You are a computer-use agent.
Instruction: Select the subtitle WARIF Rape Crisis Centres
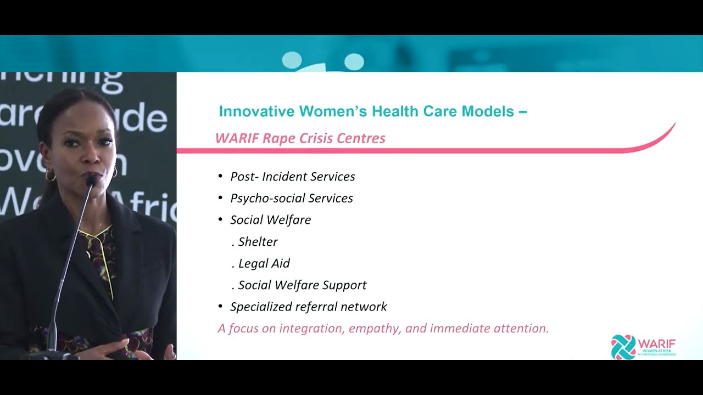click(x=300, y=138)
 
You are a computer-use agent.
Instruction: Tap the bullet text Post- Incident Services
click(x=292, y=177)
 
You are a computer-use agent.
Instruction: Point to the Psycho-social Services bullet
click(x=291, y=198)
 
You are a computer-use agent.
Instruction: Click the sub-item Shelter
click(x=258, y=242)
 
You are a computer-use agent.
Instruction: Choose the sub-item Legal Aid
click(x=264, y=263)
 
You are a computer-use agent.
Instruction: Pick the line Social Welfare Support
click(x=302, y=285)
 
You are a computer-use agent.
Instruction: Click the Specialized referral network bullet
click(x=308, y=307)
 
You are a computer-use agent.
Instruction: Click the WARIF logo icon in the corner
click(x=623, y=347)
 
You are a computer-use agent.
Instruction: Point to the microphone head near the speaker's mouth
click(x=91, y=179)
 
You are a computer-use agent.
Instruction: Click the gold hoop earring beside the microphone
click(x=50, y=176)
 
